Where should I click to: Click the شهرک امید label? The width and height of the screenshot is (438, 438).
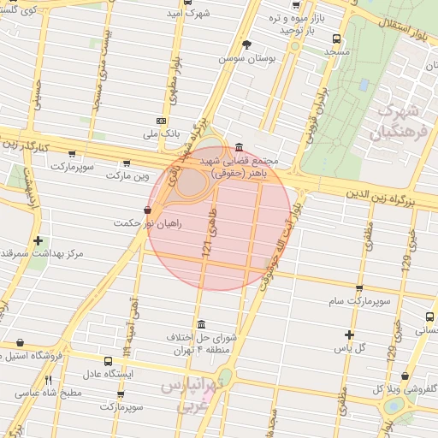pos(189,13)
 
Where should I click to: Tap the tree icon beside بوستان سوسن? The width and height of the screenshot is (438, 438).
pos(248,44)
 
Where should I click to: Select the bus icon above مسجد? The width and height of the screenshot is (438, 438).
pos(336,38)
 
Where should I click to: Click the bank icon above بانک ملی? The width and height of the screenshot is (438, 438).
pos(163,121)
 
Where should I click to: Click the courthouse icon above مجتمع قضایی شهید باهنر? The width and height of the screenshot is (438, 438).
pos(237,146)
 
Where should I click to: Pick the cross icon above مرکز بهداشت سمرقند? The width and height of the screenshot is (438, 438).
pos(37,240)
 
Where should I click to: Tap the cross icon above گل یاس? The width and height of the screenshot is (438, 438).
pos(349,334)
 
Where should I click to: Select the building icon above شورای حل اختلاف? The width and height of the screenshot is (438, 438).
pos(201,324)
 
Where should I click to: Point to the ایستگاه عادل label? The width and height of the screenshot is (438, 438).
pos(110,375)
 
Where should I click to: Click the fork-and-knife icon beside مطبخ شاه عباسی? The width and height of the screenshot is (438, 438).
pos(49,380)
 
